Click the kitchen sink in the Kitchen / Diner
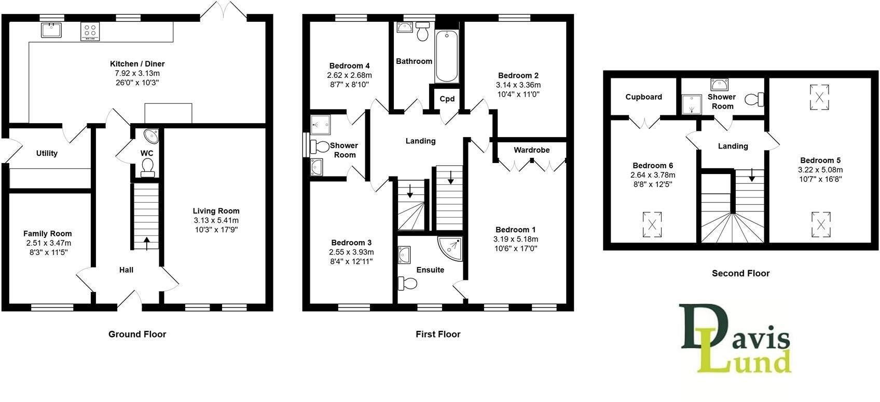[51, 30]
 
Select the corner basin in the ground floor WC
[152, 136]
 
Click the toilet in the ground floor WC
[147, 167]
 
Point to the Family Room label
[47, 234]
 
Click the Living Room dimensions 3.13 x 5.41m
[216, 220]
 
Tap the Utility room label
[47, 153]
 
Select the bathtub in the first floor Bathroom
[447, 56]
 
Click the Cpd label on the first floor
[447, 99]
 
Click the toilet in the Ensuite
[408, 283]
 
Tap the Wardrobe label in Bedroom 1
[531, 150]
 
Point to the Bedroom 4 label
[349, 66]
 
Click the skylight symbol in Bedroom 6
[652, 224]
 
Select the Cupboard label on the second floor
[643, 97]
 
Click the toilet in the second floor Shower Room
[754, 99]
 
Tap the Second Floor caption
[740, 273]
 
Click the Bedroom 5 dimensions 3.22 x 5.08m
[820, 170]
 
